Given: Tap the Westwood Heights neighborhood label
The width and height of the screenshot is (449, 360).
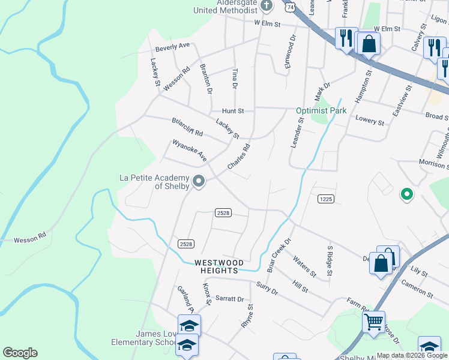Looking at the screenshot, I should (x=218, y=266).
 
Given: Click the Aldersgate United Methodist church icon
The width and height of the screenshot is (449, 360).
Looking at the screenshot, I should (x=268, y=6).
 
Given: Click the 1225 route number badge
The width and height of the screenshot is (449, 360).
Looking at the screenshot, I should (x=325, y=199).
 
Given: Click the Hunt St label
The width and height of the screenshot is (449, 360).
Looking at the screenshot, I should (x=233, y=111).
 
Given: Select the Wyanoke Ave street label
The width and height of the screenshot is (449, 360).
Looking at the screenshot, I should (x=190, y=151).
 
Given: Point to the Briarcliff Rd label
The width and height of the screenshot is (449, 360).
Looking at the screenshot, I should (x=187, y=126).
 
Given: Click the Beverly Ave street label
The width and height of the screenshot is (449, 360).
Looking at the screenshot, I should (x=172, y=46).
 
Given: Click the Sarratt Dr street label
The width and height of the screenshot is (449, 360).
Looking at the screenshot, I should (x=230, y=299).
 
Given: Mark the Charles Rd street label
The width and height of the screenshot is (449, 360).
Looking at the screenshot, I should (x=238, y=156).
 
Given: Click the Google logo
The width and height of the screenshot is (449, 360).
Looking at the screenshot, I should (x=20, y=353).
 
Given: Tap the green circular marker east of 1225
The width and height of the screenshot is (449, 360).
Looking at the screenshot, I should (x=406, y=194).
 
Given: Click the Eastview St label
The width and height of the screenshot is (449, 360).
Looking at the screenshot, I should (x=399, y=88).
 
